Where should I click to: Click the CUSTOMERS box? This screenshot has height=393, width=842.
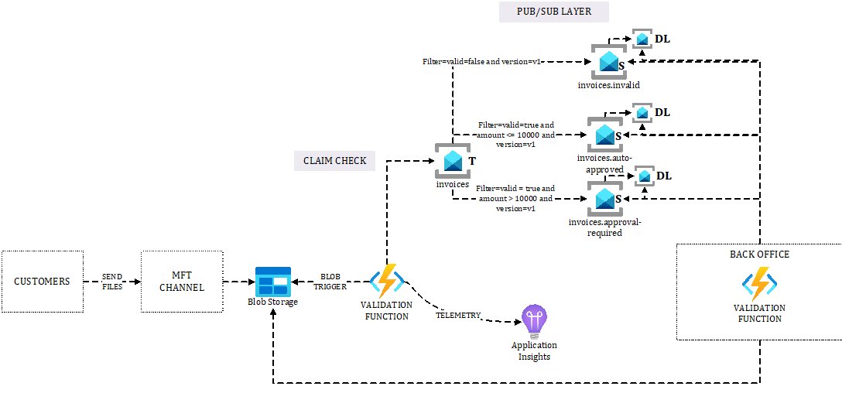(x=42, y=282)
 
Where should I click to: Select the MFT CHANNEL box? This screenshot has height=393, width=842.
(x=182, y=282)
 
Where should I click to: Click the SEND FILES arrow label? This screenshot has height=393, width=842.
(x=112, y=282)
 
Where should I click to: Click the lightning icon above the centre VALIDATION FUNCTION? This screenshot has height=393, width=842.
(x=386, y=281)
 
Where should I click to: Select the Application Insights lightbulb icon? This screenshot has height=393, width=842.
(x=534, y=320)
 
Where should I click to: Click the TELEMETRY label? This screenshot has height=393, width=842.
(x=458, y=315)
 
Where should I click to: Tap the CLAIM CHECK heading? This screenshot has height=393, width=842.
(x=334, y=161)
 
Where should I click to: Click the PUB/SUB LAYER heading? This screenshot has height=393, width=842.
(x=553, y=12)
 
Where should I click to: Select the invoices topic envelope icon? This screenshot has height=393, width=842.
(x=453, y=161)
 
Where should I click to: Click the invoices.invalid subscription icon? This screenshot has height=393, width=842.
(x=608, y=62)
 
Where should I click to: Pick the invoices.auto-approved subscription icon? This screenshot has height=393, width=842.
(x=604, y=135)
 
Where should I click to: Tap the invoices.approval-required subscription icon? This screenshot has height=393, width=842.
(x=604, y=200)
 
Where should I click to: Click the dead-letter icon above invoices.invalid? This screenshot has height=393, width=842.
(x=642, y=39)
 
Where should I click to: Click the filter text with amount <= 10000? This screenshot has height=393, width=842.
(x=515, y=134)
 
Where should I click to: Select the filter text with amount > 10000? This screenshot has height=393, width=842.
(x=515, y=198)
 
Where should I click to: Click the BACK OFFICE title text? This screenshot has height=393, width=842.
(x=758, y=254)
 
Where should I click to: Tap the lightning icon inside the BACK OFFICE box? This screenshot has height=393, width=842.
(x=758, y=284)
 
